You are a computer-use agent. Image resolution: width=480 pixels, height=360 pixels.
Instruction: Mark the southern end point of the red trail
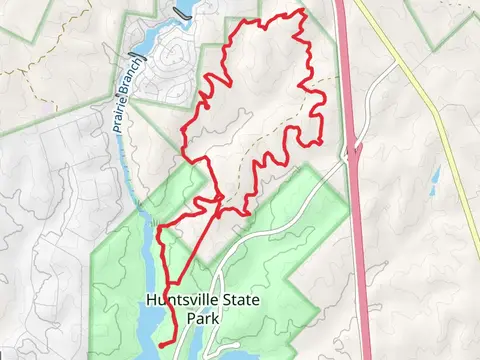coord(160,345)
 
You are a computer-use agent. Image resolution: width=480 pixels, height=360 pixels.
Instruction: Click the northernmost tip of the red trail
coord(301,10)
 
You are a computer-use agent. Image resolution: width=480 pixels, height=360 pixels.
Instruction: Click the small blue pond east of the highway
coord(435,178)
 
